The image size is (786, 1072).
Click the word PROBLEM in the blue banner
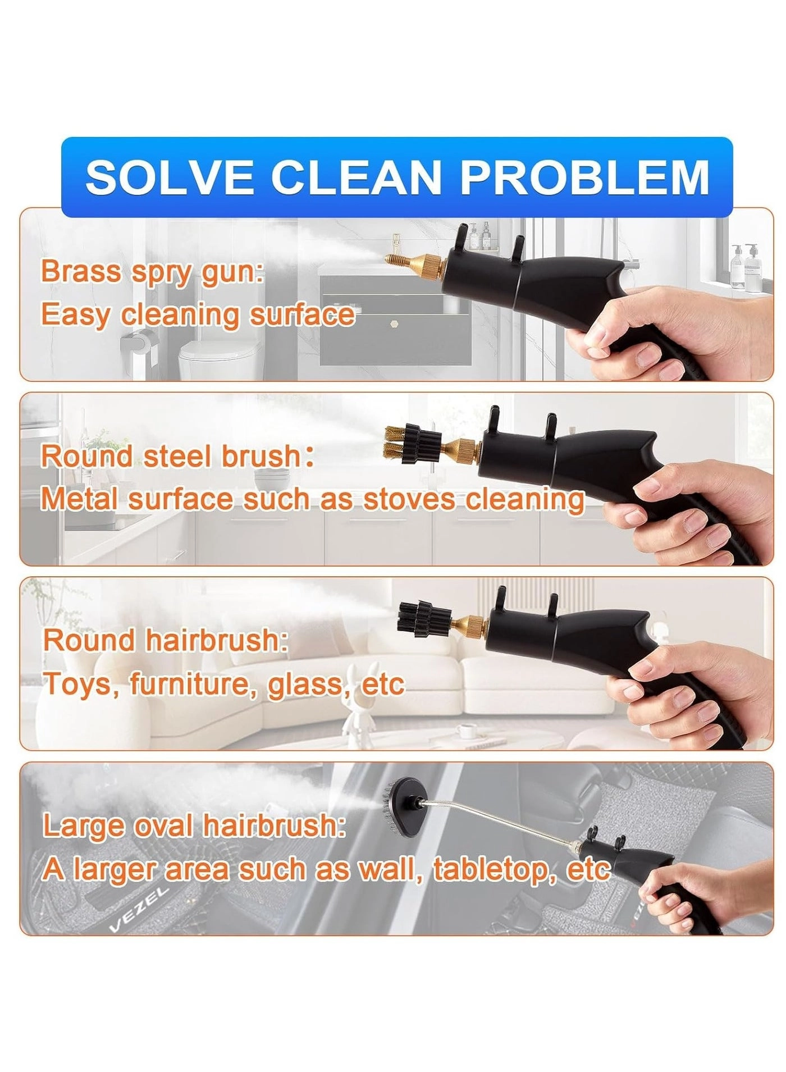tap(585, 177)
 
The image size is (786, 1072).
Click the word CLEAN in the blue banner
tap(356, 177)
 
